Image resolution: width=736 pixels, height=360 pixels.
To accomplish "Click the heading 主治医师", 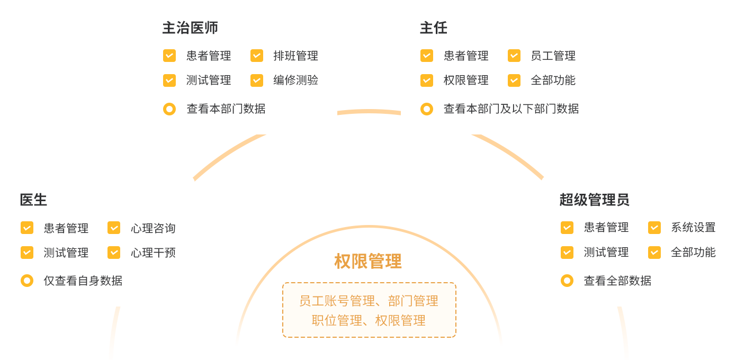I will [x=190, y=28].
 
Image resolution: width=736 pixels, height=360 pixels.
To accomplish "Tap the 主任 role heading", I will [x=434, y=28].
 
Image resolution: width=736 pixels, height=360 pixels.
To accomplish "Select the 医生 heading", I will [x=33, y=200].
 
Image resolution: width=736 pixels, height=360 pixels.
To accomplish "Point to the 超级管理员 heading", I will [x=594, y=200].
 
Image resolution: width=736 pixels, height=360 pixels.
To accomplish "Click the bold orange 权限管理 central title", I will [x=368, y=261].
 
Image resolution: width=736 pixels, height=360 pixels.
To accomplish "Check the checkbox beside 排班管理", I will [x=257, y=56].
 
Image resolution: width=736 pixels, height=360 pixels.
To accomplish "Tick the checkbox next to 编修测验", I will [x=257, y=80].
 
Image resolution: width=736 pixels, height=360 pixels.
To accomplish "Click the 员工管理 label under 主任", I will [x=553, y=56].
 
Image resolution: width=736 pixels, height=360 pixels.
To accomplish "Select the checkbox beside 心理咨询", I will [x=114, y=228].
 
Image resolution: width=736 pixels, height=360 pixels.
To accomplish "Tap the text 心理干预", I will [x=153, y=253].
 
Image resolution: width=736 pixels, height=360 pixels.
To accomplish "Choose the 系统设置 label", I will [x=693, y=228].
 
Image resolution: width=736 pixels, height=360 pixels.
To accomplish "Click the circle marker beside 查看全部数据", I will [x=567, y=281].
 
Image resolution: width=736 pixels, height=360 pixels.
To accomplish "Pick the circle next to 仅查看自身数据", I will [x=27, y=281].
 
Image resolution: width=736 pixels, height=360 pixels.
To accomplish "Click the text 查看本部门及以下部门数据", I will [x=511, y=109].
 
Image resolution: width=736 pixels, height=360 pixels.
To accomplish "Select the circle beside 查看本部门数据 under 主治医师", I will [x=169, y=109].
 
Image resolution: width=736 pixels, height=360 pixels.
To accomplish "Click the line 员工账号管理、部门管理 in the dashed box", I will [x=369, y=301].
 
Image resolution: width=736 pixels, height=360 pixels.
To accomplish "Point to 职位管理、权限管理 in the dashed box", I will [x=369, y=320].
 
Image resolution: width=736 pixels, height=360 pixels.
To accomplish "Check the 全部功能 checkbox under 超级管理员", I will [x=654, y=253].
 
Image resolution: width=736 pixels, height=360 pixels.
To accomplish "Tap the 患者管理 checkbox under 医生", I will [x=27, y=228].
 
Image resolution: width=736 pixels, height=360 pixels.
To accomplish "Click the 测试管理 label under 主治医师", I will [x=209, y=80].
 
